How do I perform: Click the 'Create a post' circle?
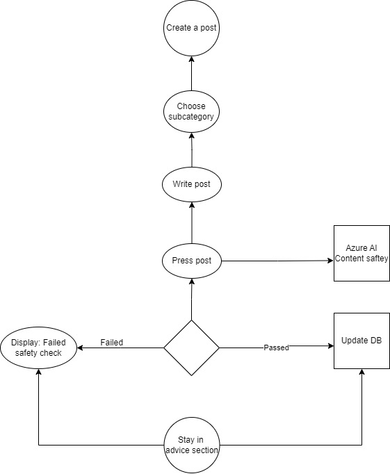191,28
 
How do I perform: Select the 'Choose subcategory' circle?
191,112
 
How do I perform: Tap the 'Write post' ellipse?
191,185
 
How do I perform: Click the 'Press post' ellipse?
191,261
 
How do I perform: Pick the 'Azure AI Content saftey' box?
361,253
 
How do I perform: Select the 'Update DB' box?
361,341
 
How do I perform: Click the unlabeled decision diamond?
191,348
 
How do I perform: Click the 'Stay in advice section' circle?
191,445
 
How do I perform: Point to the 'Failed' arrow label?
111,342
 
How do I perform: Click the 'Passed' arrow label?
276,348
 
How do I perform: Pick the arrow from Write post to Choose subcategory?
191,149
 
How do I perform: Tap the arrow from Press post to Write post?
191,222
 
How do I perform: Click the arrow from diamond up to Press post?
191,299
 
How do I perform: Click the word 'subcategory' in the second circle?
191,117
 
